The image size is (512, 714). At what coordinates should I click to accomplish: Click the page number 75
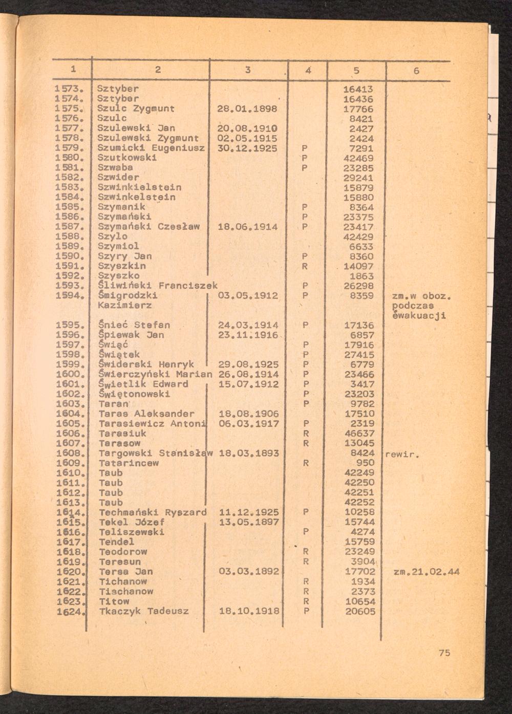click(444, 653)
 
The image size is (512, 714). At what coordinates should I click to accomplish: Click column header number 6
click(416, 71)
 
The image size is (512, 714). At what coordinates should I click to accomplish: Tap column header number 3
click(247, 71)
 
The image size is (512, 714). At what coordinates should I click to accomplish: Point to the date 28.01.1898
click(247, 109)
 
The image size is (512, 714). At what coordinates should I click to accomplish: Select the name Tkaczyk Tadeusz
click(144, 611)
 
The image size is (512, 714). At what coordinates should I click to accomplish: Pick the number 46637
click(359, 433)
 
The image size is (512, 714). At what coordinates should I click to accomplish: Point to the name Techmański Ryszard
click(153, 512)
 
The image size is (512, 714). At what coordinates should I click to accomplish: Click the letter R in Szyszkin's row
click(305, 266)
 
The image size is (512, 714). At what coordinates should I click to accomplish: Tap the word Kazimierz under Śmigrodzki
click(125, 305)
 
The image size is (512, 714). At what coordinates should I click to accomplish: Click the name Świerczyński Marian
click(155, 374)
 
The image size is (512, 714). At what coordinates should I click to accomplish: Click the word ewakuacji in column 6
click(419, 315)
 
